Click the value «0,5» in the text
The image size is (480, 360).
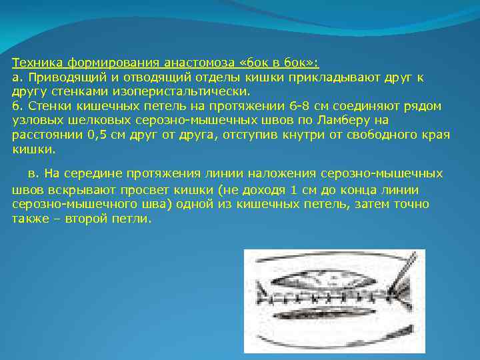point(102,135)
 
